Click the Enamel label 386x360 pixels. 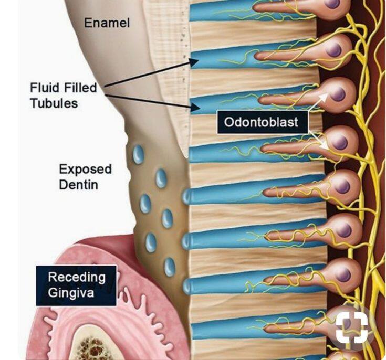107,23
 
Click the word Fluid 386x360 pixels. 45,88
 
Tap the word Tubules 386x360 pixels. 54,103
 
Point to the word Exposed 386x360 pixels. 85,170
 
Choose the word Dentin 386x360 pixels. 79,184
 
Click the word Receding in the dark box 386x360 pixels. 77,277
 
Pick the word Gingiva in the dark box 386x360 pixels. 71,293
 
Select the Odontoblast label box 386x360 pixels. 263,122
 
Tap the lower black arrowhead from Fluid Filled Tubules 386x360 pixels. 195,108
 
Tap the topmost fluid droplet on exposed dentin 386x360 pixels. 138,154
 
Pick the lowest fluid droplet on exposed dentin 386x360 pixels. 170,267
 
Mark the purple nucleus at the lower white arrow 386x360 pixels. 341,142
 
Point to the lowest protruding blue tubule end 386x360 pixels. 187,287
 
